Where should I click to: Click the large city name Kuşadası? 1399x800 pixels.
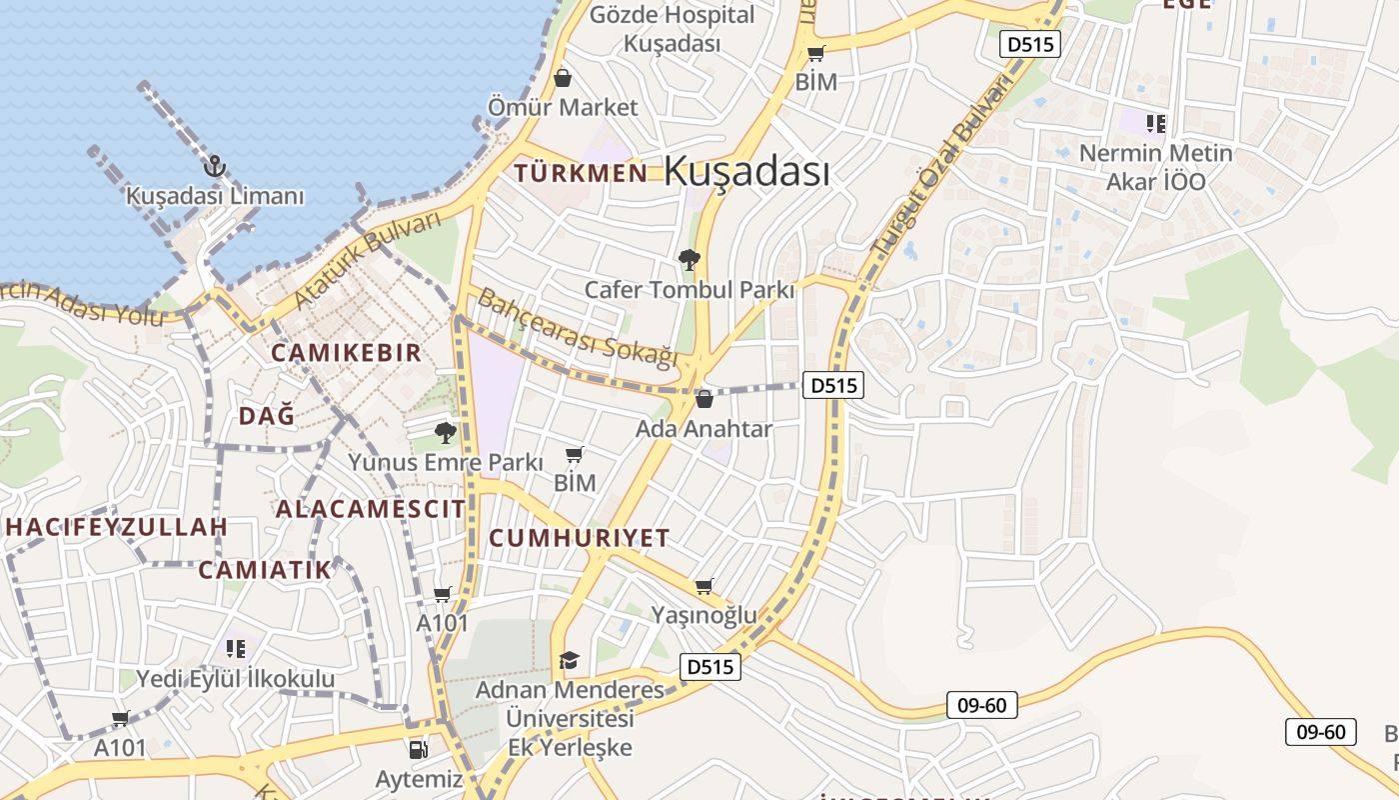pos(746,171)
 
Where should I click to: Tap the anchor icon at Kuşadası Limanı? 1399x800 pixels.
pos(213,165)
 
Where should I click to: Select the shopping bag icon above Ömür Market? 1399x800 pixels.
pos(563,78)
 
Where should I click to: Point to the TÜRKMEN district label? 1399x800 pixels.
pos(581,173)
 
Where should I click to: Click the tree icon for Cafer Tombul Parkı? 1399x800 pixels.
pos(689,260)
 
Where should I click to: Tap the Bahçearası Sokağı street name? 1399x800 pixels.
pos(578,328)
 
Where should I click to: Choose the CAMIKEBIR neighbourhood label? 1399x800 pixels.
pos(346,353)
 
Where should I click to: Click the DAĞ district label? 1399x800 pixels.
pos(267,416)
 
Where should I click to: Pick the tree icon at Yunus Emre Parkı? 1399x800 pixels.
pos(446,432)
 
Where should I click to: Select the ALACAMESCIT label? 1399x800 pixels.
pos(370,509)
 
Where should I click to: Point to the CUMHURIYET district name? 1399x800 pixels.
pos(579,538)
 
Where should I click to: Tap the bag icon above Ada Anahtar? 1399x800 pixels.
pos(703,399)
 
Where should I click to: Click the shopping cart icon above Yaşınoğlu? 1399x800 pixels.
pos(704,586)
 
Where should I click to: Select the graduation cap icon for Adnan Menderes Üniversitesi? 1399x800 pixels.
pos(569,660)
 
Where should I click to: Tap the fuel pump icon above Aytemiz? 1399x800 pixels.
pos(419,749)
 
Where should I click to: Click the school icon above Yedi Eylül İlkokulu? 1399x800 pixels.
pos(235,649)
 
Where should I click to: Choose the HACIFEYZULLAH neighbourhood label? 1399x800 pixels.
pos(116,526)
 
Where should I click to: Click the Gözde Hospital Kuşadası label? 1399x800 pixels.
pos(672,29)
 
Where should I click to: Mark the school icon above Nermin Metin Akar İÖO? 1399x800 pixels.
pos(1156,124)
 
